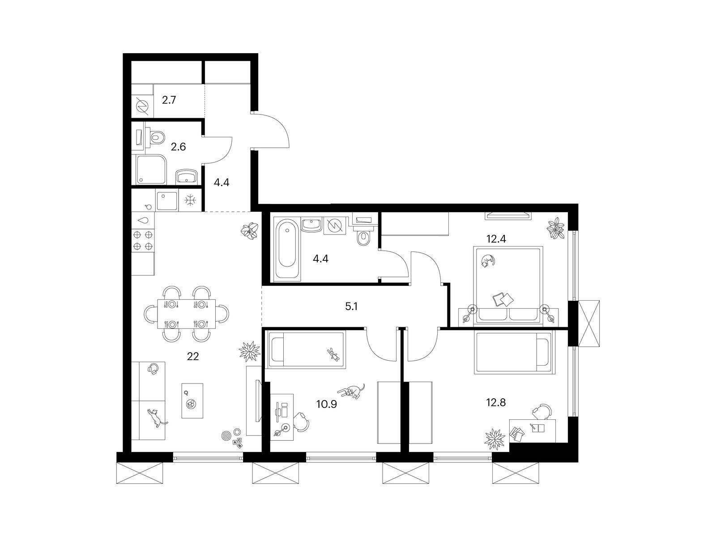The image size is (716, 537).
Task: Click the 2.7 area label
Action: tap(169, 100)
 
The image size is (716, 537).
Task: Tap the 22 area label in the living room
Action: tap(193, 356)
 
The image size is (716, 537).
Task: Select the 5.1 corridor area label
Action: tap(351, 307)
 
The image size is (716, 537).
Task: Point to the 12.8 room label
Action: tap(496, 403)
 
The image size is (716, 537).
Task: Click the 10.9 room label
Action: tap(327, 404)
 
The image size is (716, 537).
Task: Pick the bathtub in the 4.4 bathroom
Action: tap(287, 248)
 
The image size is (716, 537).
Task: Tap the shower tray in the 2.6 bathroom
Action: tap(151, 170)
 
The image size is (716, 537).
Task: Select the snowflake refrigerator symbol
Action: tap(190, 200)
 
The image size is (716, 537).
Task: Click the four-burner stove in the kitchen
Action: tap(143, 240)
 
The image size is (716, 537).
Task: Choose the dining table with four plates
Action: tap(186, 314)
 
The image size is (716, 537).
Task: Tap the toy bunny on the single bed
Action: tap(333, 354)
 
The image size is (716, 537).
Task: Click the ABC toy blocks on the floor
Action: tap(238, 443)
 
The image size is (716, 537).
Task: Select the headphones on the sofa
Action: tap(153, 369)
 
